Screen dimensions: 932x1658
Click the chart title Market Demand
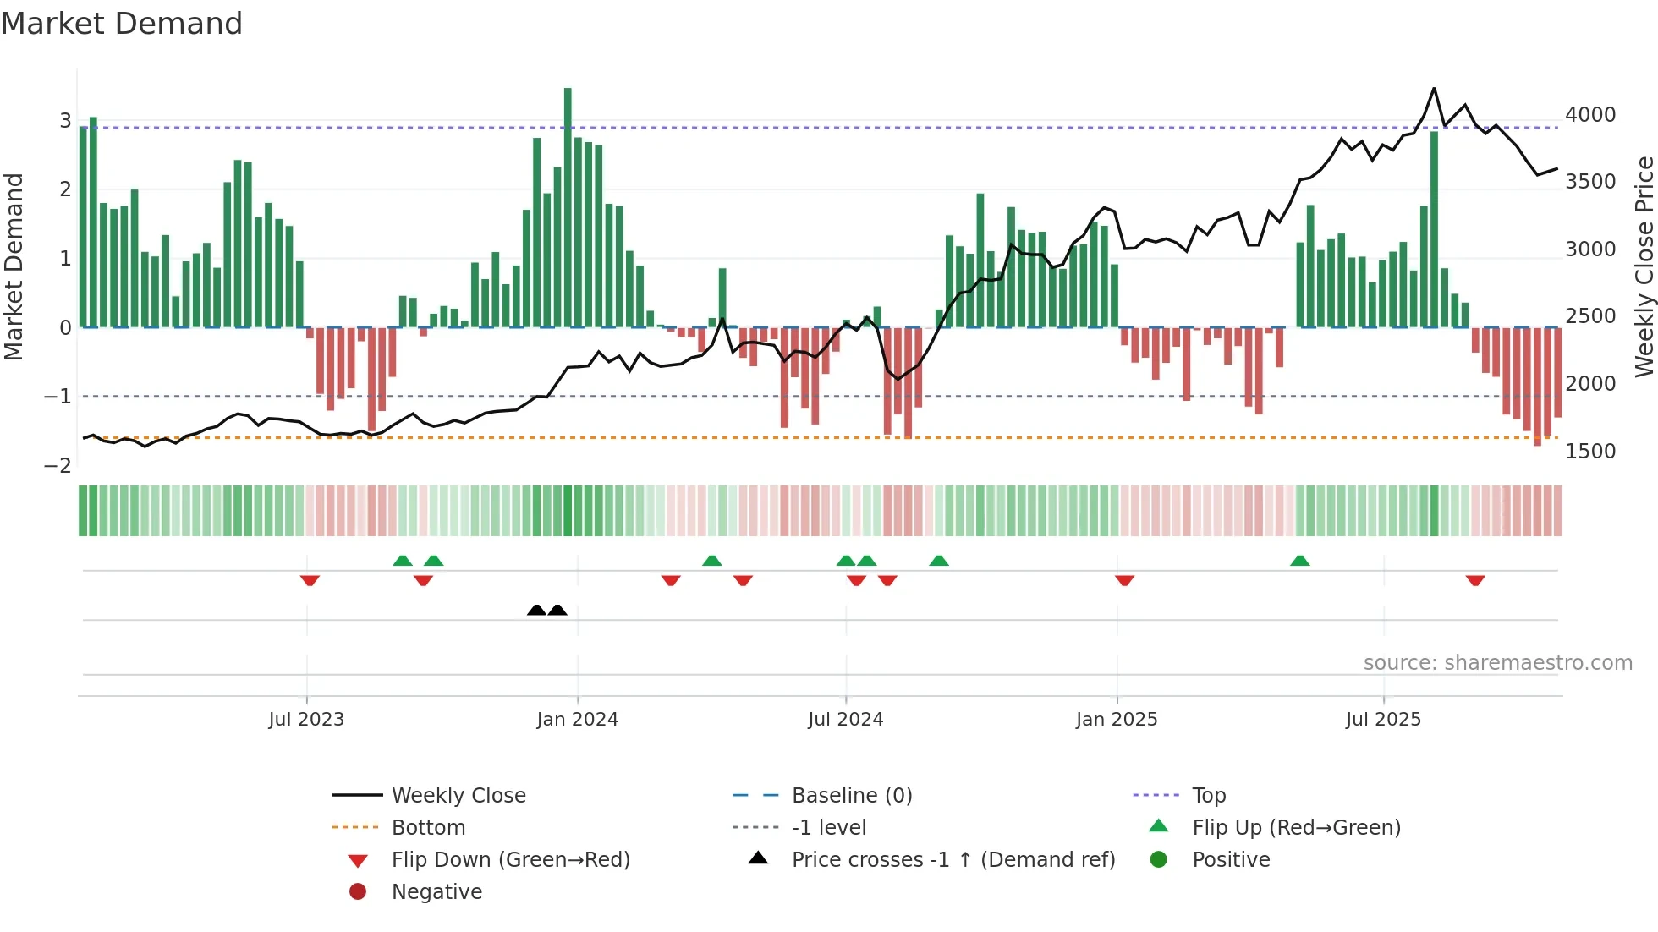coord(122,24)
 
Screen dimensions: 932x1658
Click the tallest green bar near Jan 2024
coord(568,207)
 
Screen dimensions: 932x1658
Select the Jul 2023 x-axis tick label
coord(306,720)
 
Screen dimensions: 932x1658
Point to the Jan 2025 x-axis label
coord(1117,720)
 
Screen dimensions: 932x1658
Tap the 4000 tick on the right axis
coord(1590,115)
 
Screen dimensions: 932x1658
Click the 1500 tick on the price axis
coord(1590,452)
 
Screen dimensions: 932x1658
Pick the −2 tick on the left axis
coord(58,466)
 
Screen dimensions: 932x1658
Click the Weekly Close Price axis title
coord(1644,266)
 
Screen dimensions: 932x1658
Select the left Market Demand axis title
coord(14,266)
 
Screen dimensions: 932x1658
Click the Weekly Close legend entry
coord(458,796)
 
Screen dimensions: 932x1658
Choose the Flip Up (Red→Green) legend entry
coord(1296,828)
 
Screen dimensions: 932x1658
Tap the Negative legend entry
coord(436,892)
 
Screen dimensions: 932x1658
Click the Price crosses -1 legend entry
coord(953,860)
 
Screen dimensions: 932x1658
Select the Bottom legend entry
coord(428,828)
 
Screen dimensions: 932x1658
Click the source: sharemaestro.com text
coord(1497,663)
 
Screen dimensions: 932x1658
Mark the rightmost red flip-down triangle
coord(1475,580)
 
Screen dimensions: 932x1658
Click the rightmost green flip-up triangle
coord(1300,561)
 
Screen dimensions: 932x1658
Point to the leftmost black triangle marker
coord(536,610)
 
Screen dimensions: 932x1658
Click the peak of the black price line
coord(1434,89)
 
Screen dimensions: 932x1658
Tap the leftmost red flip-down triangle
coord(310,580)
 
